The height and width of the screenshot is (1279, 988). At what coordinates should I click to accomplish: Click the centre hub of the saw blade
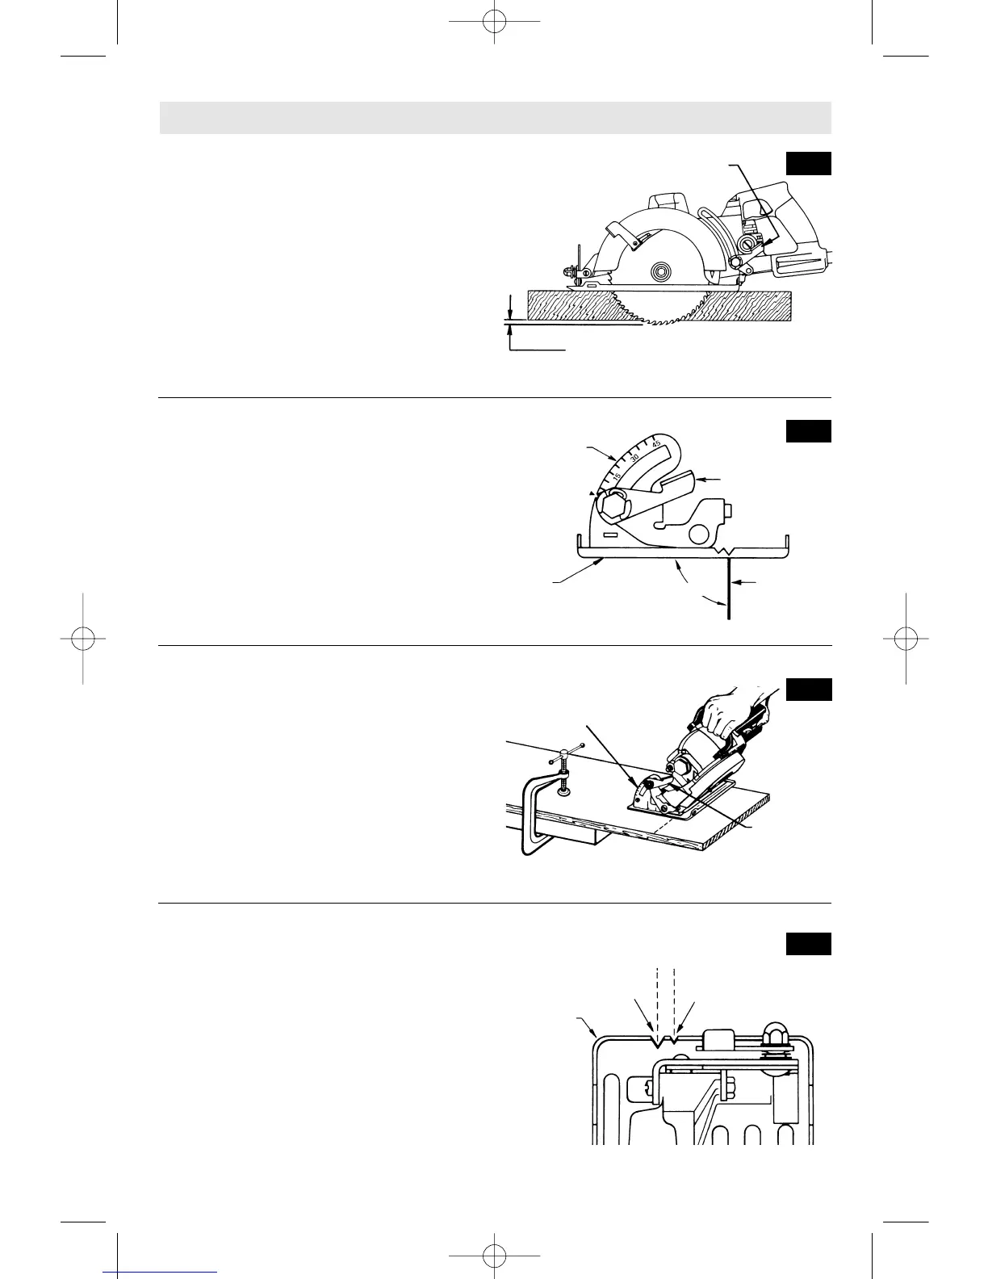[x=659, y=271]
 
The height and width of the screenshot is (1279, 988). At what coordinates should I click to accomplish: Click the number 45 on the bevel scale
[x=656, y=443]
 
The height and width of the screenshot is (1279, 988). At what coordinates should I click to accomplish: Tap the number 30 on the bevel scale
[x=635, y=458]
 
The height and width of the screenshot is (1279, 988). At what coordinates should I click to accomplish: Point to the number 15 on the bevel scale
[x=617, y=476]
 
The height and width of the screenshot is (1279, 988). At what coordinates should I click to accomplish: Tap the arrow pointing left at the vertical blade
[x=744, y=581]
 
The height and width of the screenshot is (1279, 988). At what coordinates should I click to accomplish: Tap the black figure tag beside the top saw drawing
[x=808, y=163]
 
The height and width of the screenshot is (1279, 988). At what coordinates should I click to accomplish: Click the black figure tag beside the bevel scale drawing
[x=808, y=431]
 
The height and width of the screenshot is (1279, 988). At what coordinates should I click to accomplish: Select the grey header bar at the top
[x=495, y=118]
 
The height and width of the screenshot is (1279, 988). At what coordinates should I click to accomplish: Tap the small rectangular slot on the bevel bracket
[x=609, y=535]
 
